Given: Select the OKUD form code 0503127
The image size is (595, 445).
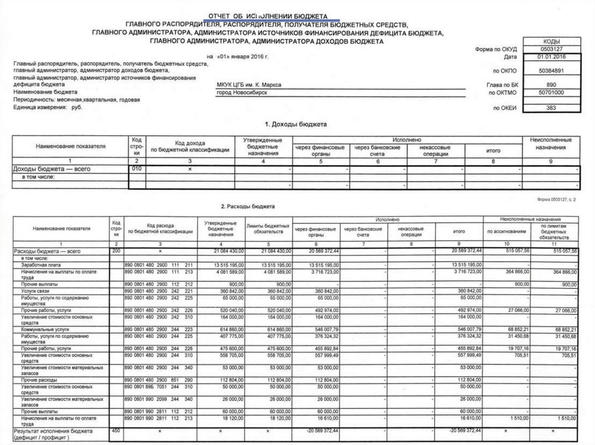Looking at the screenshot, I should pos(551,49).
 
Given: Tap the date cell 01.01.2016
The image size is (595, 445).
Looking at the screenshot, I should pos(551,57).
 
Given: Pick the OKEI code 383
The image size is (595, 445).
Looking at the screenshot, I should pos(551,107).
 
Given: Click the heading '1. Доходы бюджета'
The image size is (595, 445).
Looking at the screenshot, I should pos(296,124).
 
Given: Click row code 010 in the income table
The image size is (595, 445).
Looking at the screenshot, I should pos(137,168).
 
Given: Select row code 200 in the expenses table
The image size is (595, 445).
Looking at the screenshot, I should pos(116,250).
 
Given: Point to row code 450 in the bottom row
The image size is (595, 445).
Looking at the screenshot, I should pos(116,430).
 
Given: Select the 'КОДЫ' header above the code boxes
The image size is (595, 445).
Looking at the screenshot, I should pos(551,42).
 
